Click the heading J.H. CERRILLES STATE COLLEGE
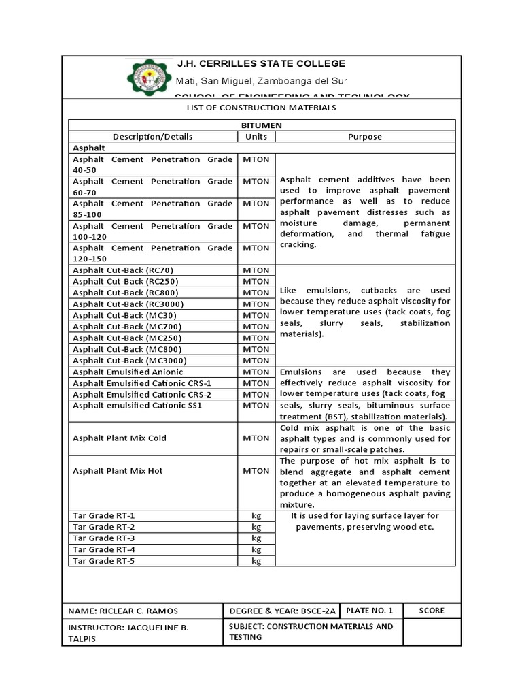click(261, 63)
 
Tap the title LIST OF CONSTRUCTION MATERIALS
click(261, 108)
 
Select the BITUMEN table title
click(261, 125)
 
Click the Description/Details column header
click(152, 137)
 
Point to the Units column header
click(256, 137)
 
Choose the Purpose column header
click(365, 137)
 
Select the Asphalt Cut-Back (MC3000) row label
click(129, 361)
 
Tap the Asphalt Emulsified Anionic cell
click(128, 372)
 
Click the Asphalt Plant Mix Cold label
click(120, 438)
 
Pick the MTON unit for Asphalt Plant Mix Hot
click(256, 471)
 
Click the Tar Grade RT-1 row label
click(104, 516)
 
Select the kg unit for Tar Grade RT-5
click(256, 561)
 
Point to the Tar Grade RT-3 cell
click(104, 538)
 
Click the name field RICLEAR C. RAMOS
click(124, 611)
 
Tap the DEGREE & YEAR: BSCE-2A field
click(283, 611)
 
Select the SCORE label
click(432, 610)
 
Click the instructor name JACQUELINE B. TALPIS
click(128, 632)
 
